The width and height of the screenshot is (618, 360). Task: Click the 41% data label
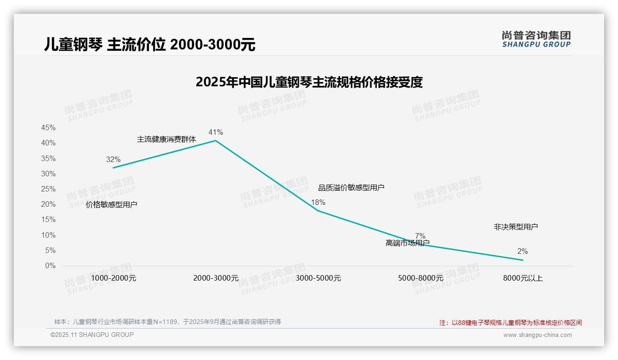pos(215,132)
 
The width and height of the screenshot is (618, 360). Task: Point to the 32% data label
pos(113,159)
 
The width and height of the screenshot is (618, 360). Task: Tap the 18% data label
pos(318,202)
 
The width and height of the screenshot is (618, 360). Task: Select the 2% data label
pos(522,252)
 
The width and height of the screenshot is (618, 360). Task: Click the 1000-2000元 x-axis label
pos(113,278)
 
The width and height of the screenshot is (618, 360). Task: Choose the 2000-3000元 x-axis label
pos(216,278)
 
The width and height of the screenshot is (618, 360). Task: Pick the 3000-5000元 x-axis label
pos(318,278)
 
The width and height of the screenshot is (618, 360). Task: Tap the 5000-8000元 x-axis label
pos(420,278)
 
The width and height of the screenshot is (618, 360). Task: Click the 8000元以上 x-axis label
pos(523,278)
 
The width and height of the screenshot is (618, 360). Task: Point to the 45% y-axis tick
pos(48,127)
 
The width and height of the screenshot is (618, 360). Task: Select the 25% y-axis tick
pos(48,189)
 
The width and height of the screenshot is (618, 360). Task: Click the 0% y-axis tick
pos(50,266)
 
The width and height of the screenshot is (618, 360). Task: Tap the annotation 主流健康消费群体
pos(166,139)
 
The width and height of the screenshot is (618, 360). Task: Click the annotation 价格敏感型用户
pos(112,204)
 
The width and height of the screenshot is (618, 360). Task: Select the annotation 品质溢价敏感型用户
pos(351,187)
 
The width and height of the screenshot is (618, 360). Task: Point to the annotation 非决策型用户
pos(516,227)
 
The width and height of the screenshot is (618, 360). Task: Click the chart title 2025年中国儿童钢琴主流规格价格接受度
pos(309,82)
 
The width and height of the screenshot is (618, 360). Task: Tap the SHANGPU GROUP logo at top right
pos(536,39)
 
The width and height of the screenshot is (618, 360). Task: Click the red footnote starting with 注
pos(511,323)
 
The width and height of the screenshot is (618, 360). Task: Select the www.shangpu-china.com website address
pos(537,335)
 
